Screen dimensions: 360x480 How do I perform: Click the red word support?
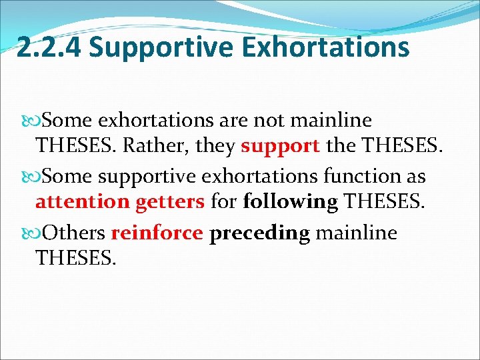[281, 146]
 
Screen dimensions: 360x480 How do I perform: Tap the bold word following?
[290, 201]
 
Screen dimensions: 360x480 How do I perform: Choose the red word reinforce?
[157, 233]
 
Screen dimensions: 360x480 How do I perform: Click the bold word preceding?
[259, 233]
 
